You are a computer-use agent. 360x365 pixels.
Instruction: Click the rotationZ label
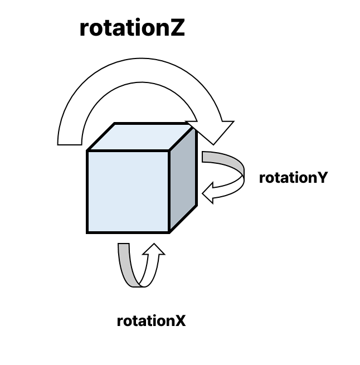click(132, 28)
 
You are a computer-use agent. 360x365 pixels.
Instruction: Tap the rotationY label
click(293, 178)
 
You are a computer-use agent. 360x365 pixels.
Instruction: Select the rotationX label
click(151, 322)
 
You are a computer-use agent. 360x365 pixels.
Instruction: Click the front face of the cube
click(128, 191)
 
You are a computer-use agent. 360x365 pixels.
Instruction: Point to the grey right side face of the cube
click(183, 178)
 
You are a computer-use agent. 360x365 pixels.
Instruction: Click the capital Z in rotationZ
click(176, 28)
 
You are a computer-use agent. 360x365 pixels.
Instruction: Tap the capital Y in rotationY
click(322, 178)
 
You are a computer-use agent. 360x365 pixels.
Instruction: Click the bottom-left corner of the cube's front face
click(88, 231)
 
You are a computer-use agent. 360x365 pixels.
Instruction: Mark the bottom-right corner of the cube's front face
click(169, 231)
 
